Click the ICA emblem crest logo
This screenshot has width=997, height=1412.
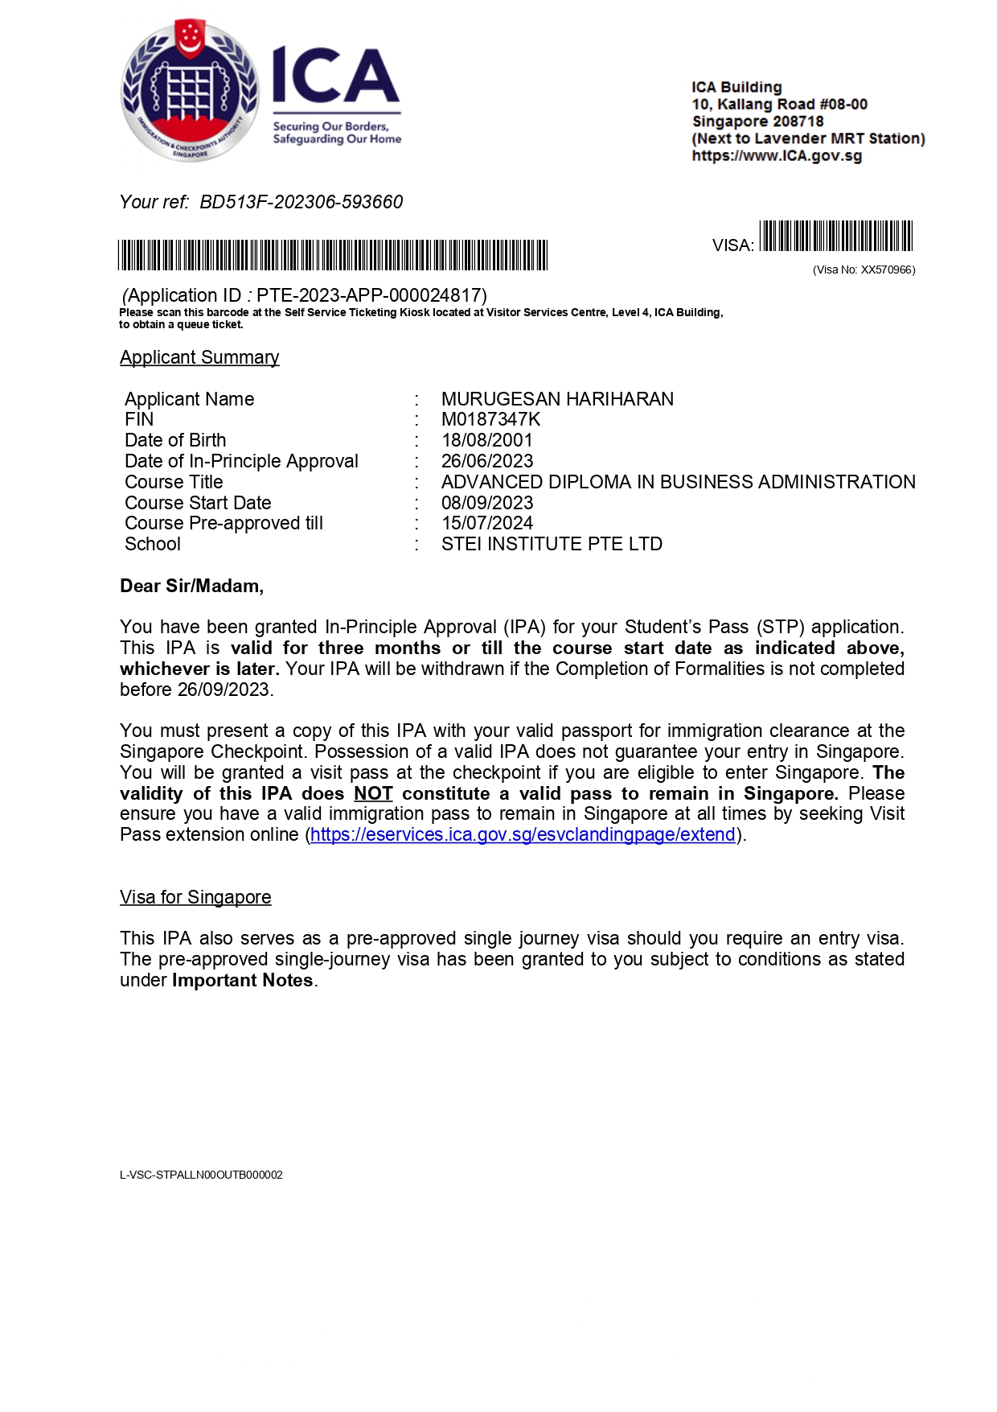point(190,90)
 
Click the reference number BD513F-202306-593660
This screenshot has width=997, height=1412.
point(301,202)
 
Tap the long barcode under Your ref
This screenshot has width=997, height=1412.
point(333,255)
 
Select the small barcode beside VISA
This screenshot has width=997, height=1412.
point(835,237)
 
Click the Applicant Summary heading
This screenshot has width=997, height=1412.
point(199,357)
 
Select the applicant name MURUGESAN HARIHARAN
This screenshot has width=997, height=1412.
point(557,399)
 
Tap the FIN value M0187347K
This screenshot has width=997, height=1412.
point(490,419)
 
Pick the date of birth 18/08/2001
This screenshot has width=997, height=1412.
point(486,440)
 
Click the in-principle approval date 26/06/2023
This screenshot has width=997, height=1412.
point(487,461)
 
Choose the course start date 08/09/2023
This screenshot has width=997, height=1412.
point(487,503)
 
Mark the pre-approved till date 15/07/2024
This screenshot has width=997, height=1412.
point(487,523)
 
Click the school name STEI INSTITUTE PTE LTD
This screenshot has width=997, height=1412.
point(552,544)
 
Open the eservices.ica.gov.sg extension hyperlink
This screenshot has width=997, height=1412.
point(523,834)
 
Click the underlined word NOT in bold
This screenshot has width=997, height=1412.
point(373,793)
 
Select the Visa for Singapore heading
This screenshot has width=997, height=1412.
point(195,897)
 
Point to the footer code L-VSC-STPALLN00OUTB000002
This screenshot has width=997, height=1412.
point(201,1175)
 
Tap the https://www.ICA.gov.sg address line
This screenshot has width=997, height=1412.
point(777,156)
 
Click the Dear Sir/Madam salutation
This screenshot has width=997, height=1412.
point(191,586)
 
